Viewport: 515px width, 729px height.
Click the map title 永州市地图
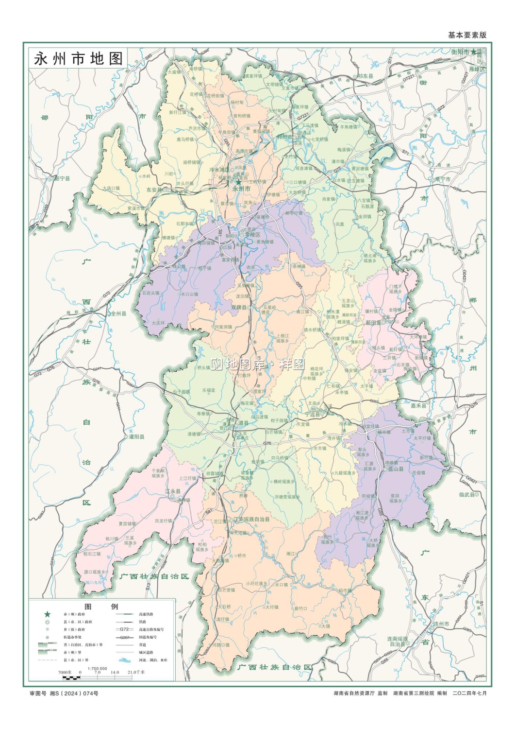tap(78, 59)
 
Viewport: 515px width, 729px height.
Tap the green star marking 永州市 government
tap(238, 182)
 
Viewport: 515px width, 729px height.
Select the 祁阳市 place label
tap(284, 137)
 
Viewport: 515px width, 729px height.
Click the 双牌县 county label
tap(239, 308)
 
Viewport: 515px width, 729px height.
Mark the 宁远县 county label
tap(313, 415)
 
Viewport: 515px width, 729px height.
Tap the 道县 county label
tap(243, 423)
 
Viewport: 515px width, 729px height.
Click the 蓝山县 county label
tap(395, 469)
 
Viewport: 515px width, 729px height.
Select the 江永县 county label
tap(173, 491)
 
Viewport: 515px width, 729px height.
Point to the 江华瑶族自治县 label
tap(251, 520)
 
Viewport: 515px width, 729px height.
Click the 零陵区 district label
tap(252, 234)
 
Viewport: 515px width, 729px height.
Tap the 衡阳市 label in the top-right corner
tap(460, 52)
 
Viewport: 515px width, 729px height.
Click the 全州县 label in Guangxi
tap(118, 313)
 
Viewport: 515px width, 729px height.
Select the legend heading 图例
tap(101, 606)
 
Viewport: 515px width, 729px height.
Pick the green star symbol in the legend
tap(47, 614)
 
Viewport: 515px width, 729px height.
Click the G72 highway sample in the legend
tap(124, 629)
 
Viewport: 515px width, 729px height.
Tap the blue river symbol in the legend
tap(124, 660)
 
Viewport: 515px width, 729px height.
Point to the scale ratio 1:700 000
tap(97, 668)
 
